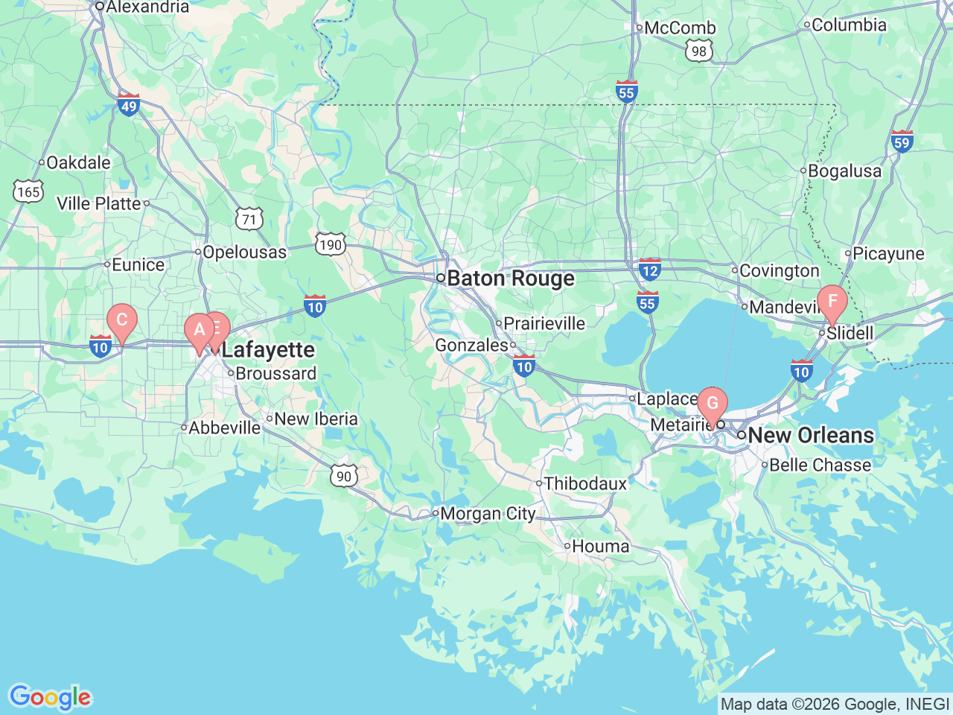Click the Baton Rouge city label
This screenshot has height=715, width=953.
pos(511,279)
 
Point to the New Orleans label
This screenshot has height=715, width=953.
pos(811,435)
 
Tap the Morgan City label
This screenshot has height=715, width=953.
pos(488,514)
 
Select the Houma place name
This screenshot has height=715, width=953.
pos(600,547)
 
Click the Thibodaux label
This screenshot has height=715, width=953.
pos(585,484)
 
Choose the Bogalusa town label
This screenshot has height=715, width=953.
pos(844,171)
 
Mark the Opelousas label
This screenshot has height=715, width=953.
pos(244,252)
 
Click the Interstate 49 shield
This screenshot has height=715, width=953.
pos(129,105)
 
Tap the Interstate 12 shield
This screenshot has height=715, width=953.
pos(650,270)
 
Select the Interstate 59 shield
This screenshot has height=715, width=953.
pos(902,142)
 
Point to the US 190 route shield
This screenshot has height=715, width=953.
pos(330,244)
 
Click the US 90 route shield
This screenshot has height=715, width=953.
pos(343,476)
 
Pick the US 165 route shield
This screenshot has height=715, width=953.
pos(28,191)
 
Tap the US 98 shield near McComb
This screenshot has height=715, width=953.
pos(698,51)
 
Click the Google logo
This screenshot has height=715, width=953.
pos(50,698)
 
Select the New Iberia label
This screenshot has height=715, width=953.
pos(316,419)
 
